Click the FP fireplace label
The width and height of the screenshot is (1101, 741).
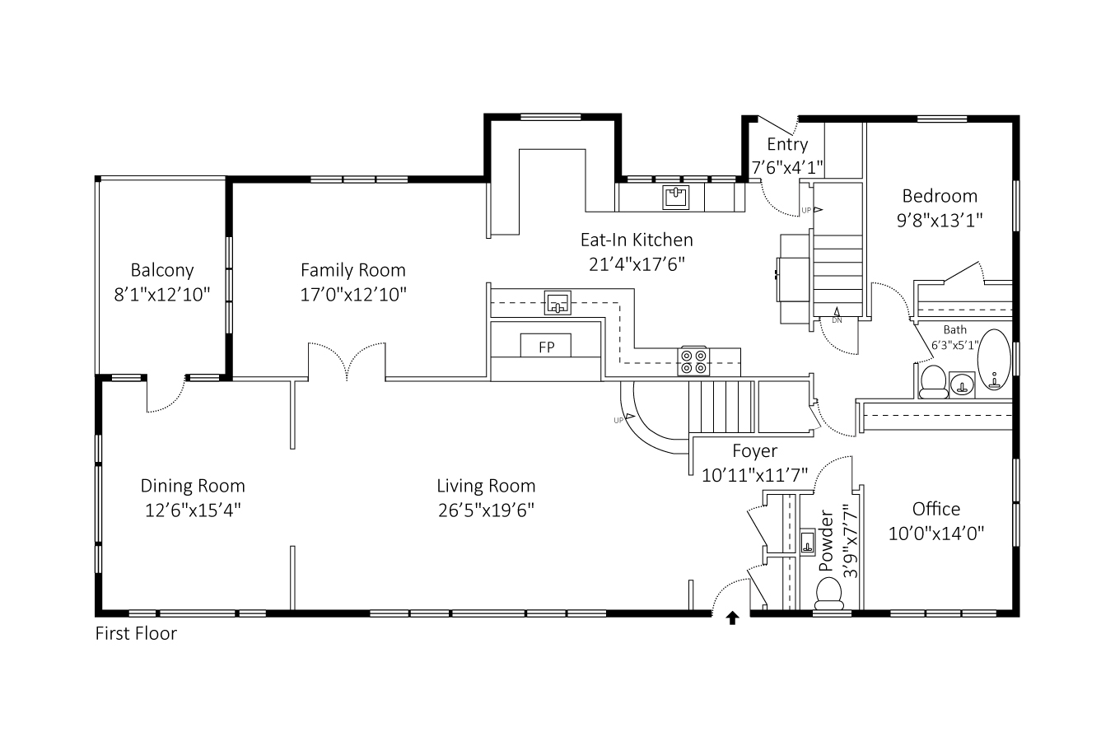pos(546,347)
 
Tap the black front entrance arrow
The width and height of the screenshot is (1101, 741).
pos(732,617)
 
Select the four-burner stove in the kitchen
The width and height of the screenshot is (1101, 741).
pos(693,361)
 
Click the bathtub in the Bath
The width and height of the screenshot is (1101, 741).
pos(994,360)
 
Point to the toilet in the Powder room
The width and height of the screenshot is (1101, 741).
pos(829,594)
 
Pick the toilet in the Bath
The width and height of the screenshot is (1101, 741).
pos(933,382)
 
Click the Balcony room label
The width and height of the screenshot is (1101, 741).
pos(162,270)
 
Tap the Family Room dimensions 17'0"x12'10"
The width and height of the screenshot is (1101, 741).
pos(353,295)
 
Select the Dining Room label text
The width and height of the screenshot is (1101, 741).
pos(193,486)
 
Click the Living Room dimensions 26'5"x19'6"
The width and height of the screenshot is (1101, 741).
pos(486,510)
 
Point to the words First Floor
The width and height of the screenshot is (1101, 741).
pos(136,633)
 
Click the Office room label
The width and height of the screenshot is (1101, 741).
pos(936,509)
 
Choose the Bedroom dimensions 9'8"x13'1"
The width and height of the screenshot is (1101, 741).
pos(940,221)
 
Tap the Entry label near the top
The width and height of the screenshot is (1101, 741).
pos(787,144)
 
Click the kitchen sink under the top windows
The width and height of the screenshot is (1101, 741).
pos(675,198)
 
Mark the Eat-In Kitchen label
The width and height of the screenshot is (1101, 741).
pos(637,240)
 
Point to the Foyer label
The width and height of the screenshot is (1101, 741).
pos(755,451)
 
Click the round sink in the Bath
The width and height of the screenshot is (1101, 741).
pos(962,384)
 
